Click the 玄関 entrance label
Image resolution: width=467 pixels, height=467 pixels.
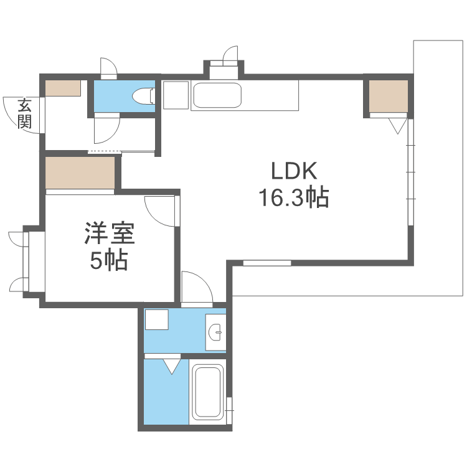click(x=24, y=114)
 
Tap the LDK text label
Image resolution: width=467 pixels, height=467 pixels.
click(x=294, y=171)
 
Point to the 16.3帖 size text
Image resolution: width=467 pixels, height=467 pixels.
click(x=295, y=197)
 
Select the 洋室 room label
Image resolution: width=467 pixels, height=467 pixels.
click(x=110, y=233)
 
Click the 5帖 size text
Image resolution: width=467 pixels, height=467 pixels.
click(x=109, y=260)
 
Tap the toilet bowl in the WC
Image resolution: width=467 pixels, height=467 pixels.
click(x=143, y=96)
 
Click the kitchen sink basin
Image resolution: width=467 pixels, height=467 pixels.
click(x=217, y=95)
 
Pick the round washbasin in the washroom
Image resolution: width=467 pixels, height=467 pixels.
click(x=215, y=332)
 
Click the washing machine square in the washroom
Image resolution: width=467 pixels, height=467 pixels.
click(x=157, y=319)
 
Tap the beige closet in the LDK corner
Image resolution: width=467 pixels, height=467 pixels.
click(x=389, y=96)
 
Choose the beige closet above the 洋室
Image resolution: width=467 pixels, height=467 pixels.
click(x=80, y=172)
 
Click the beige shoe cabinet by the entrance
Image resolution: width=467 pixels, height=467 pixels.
click(x=63, y=88)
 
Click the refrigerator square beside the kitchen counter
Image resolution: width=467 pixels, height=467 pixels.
click(x=176, y=95)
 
